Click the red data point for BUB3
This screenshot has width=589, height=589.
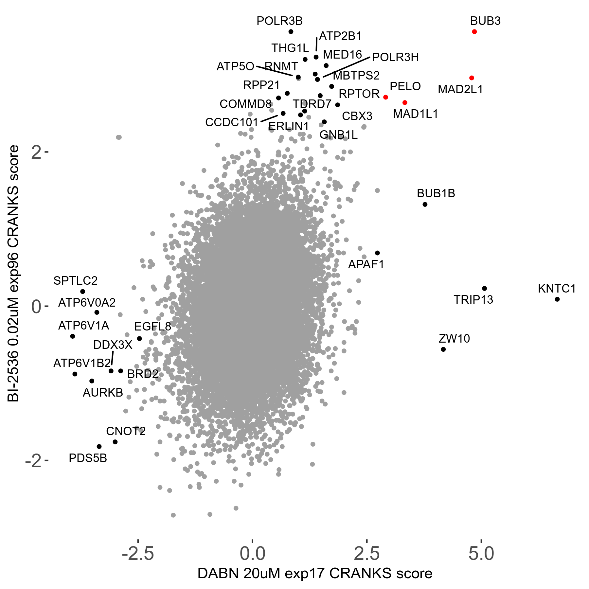[x=474, y=32]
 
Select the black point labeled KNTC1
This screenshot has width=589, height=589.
[x=557, y=299]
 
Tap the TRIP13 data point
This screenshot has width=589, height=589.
[x=485, y=289]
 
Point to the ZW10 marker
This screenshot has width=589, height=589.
[x=443, y=349]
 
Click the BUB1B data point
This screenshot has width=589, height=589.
[x=425, y=205]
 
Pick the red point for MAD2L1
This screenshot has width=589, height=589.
[x=472, y=78]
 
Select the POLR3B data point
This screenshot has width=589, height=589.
[x=291, y=32]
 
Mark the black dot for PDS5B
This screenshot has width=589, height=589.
[x=99, y=447]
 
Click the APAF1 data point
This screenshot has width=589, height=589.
[x=377, y=253]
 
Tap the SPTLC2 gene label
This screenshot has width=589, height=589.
[x=75, y=281]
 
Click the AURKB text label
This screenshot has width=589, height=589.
[x=103, y=393]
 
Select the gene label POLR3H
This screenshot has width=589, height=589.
[x=395, y=58]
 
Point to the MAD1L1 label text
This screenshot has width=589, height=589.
[x=415, y=114]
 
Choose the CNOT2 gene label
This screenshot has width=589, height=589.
[x=126, y=431]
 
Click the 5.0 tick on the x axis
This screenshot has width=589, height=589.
[x=481, y=554]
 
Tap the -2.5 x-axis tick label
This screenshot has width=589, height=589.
[x=138, y=554]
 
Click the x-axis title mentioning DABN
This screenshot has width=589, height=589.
[x=315, y=574]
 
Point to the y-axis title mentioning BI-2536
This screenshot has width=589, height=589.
[x=14, y=274]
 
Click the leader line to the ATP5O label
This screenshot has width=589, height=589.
[x=274, y=71]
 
